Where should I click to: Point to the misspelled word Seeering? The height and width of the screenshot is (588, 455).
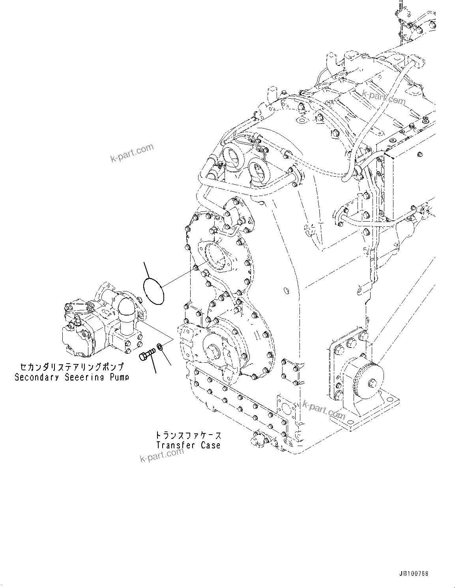pos(83,377)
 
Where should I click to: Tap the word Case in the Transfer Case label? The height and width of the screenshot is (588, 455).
pos(210,445)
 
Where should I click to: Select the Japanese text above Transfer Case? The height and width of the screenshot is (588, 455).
pos(188,435)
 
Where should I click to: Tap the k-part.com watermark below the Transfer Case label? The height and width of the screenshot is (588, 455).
pos(162,455)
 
